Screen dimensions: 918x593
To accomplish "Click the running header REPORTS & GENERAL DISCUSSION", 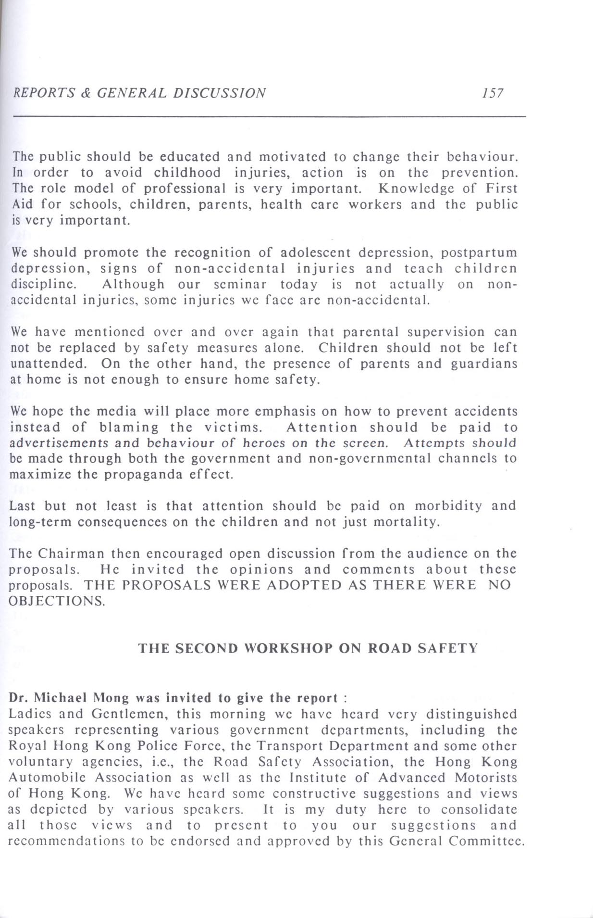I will [139, 93].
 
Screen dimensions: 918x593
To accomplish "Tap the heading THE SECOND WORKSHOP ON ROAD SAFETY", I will [308, 648].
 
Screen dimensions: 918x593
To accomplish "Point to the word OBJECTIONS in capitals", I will [56, 601].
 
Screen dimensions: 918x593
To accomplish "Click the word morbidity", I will [448, 506].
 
